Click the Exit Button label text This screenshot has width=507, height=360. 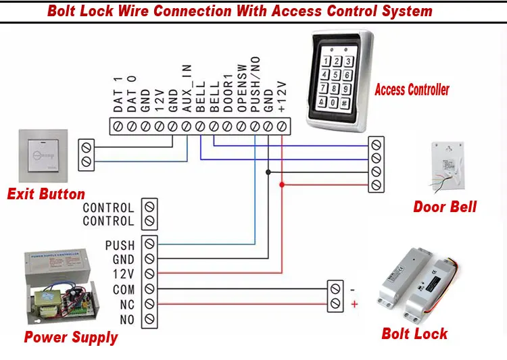point(46,195)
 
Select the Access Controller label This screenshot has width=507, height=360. point(412,89)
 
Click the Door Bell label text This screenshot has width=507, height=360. point(445,207)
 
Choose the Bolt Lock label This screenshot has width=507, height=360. point(414,333)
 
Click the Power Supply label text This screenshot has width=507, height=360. point(70,337)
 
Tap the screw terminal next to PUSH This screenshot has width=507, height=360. point(150,244)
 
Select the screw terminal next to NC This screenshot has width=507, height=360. point(150,304)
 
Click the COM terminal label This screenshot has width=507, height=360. point(124,289)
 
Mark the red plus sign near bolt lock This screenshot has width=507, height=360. point(354,305)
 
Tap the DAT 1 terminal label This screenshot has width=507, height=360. point(117,95)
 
